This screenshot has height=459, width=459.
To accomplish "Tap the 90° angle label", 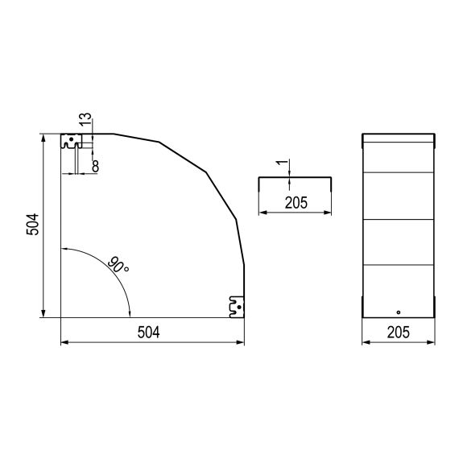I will coord(118,264).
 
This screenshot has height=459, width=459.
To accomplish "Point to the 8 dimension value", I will coord(95,166).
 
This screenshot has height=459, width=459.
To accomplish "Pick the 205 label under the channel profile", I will coord(296,203).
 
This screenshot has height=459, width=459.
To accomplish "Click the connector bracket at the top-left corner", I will coord(70,143).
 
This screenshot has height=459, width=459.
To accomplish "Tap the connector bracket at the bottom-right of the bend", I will coord(236,307).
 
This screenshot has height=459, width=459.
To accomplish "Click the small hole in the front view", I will coord(399,312).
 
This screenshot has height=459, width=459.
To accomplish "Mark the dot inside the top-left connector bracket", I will coord(71,139).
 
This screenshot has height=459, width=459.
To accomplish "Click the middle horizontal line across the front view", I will coord(399,219).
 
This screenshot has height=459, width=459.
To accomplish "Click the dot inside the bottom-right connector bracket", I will coord(239,308).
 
